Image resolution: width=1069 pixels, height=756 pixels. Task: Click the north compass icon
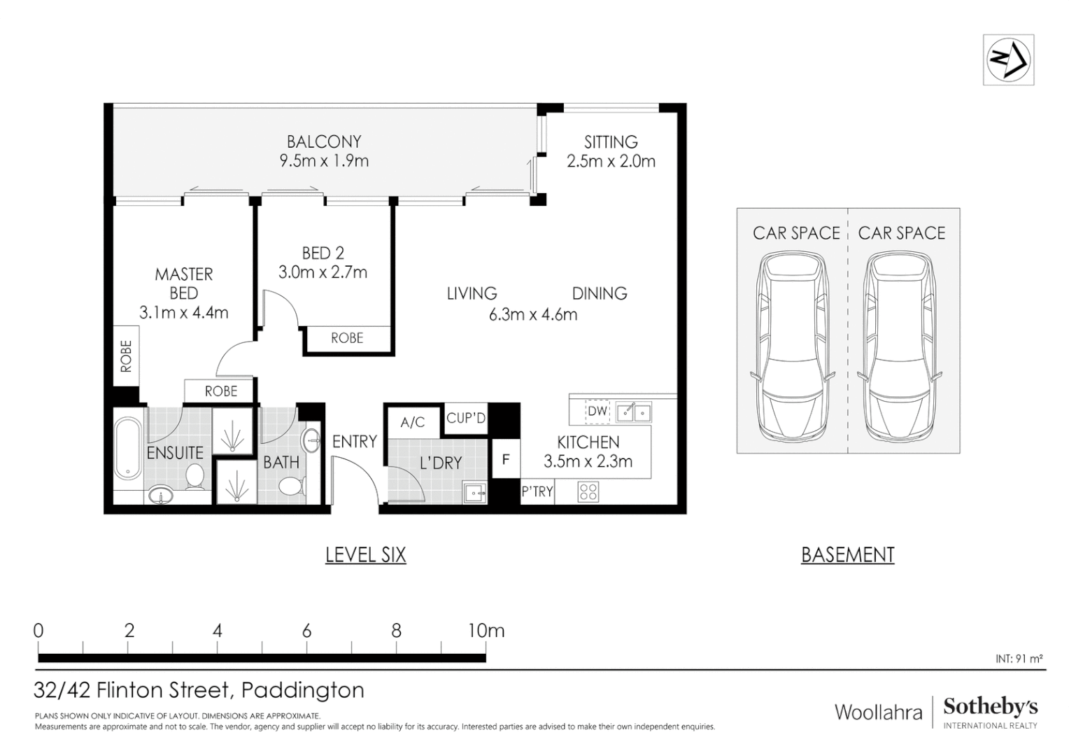[1008, 59]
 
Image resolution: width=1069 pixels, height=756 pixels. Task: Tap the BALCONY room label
[324, 142]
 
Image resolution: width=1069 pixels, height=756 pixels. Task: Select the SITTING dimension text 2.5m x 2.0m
[611, 162]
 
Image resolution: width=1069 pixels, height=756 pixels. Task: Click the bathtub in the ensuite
[128, 448]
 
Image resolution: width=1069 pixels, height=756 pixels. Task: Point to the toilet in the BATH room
[290, 484]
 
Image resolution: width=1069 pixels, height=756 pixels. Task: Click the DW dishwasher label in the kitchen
[597, 412]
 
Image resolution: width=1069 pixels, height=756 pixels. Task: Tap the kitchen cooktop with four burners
[588, 492]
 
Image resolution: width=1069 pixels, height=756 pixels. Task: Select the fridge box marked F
[506, 460]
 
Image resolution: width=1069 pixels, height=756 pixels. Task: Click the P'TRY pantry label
[537, 492]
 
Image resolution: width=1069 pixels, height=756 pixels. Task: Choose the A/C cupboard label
[413, 422]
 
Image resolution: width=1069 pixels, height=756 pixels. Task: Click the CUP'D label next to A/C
[466, 418]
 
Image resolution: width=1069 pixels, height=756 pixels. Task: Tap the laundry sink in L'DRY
[475, 493]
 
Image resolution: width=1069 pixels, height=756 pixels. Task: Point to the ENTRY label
[354, 442]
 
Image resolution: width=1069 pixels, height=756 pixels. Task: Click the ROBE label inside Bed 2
[347, 338]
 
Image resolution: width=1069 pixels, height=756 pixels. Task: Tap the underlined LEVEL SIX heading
[365, 555]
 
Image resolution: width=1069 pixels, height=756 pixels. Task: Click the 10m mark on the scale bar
[486, 631]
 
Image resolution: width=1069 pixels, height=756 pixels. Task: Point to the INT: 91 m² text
[1019, 659]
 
